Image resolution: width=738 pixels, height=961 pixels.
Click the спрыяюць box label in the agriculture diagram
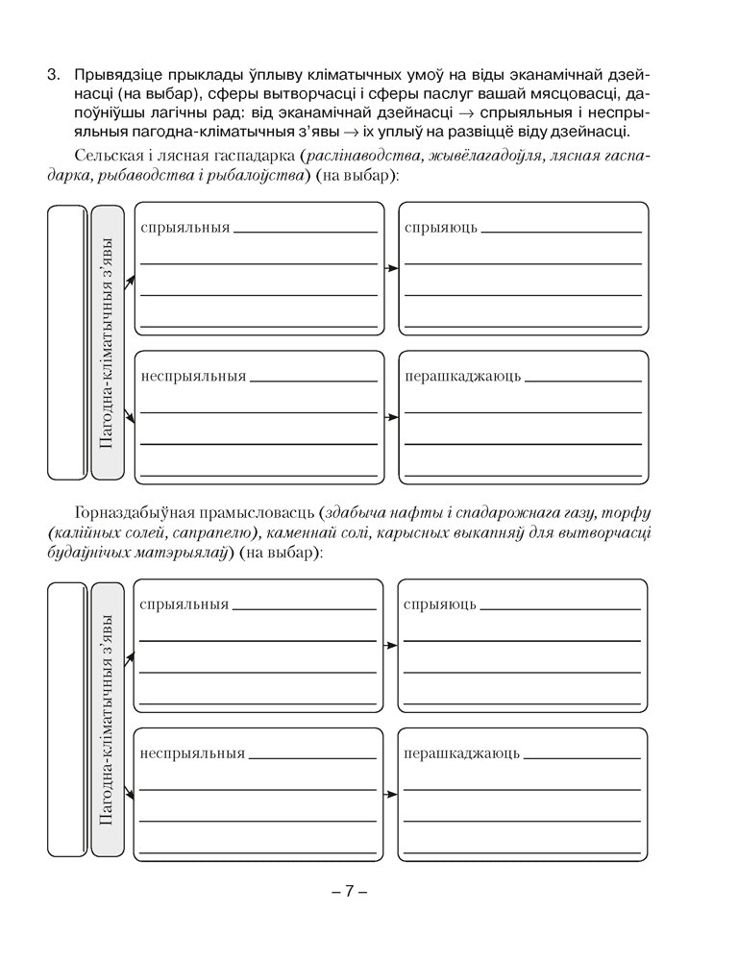click(441, 228)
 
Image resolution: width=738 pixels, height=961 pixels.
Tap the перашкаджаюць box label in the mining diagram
click(462, 753)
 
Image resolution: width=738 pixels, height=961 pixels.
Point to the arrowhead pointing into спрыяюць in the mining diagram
click(393, 646)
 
